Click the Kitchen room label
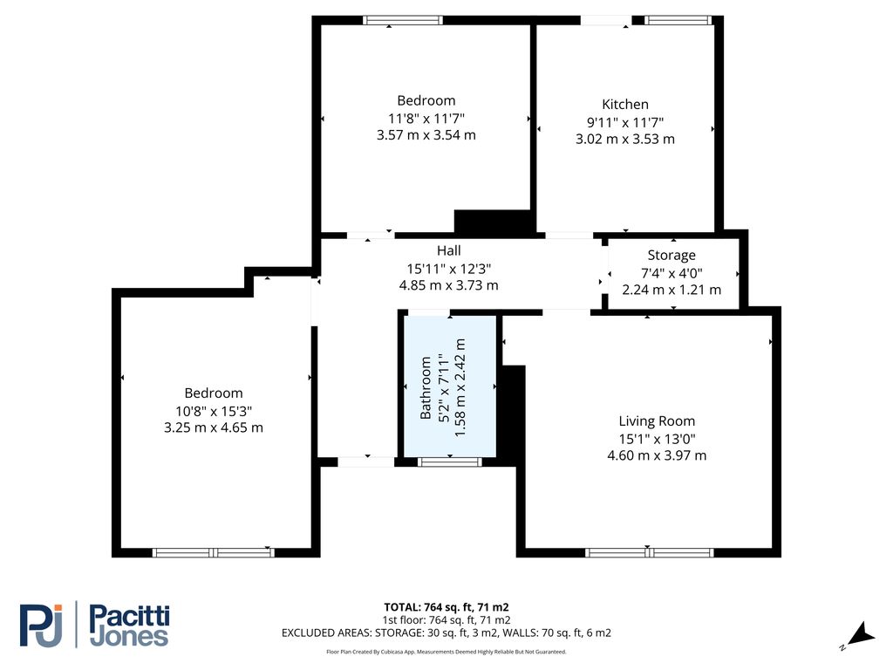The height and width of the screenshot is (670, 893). [625, 105]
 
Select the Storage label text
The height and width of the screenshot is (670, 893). [671, 256]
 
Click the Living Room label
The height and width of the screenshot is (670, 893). [658, 420]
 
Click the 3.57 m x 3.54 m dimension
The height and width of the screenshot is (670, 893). [426, 135]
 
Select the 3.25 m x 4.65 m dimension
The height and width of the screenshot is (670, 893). [214, 427]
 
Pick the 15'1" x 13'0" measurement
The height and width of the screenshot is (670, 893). [658, 439]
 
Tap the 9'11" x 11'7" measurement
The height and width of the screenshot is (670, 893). [625, 122]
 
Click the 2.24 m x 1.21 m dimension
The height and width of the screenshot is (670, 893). [671, 290]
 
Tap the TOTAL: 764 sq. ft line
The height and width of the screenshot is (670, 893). [446, 607]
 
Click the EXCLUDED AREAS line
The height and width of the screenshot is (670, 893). [446, 633]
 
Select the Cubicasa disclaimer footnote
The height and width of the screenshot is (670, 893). [446, 652]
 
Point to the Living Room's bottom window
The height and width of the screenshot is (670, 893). [650, 552]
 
